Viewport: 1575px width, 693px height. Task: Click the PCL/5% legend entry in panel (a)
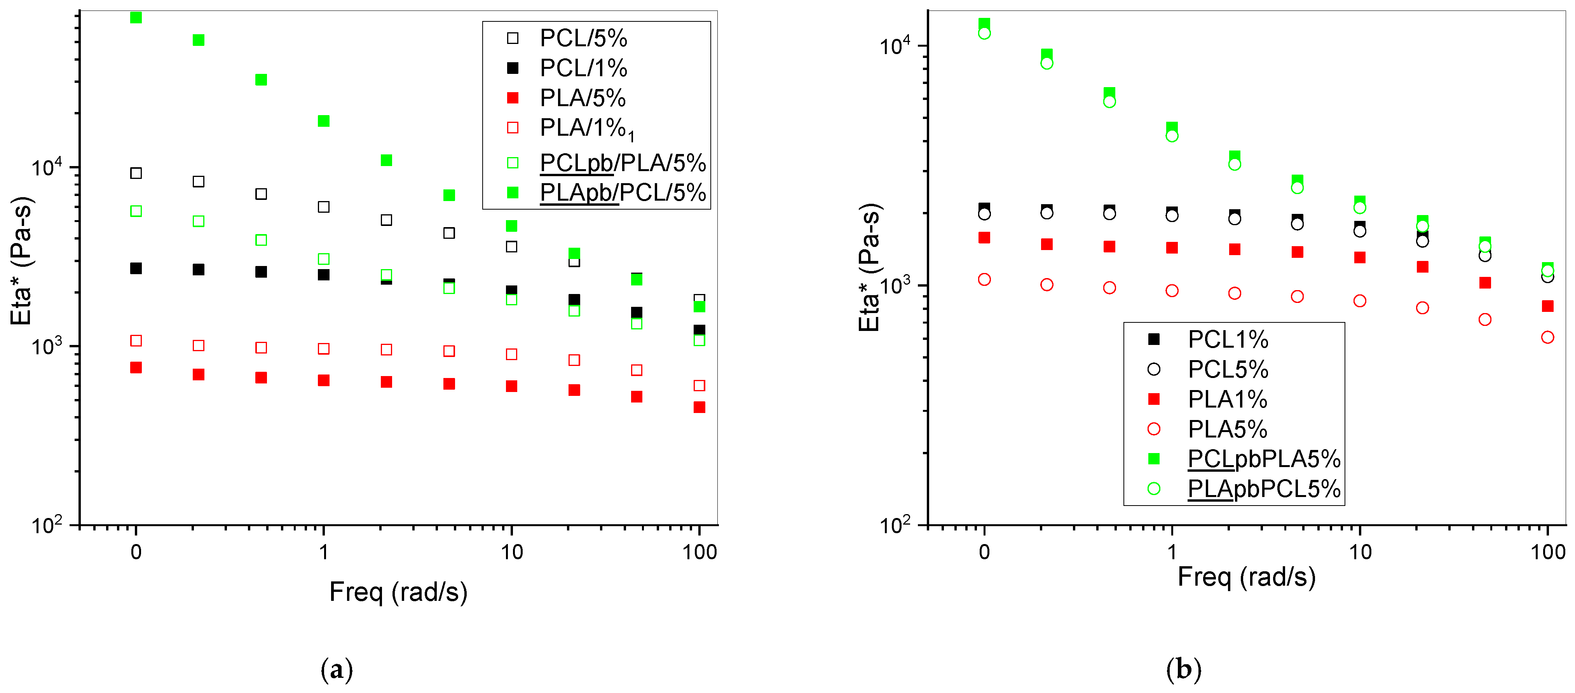point(583,38)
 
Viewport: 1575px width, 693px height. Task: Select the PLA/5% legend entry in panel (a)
point(582,98)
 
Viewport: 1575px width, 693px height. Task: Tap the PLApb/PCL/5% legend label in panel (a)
point(623,192)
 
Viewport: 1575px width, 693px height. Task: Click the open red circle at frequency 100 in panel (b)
point(1547,338)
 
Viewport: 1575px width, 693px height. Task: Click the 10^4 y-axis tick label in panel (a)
point(47,166)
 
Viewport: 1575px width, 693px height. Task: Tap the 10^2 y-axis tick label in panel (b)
point(895,524)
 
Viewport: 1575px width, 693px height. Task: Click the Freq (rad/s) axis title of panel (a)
point(398,592)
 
